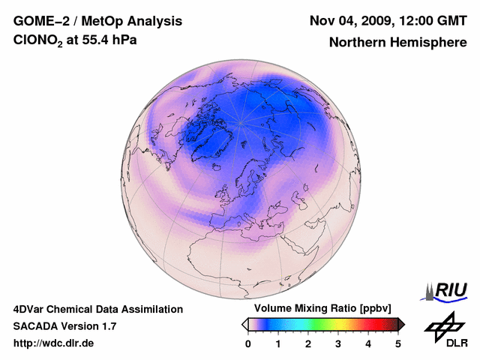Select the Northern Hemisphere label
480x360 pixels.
pos(397,43)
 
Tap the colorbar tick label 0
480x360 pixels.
pos(248,343)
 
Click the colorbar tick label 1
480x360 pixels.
pos(278,343)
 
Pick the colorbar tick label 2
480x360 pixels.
pos(308,343)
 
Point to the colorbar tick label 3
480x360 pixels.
pos(338,343)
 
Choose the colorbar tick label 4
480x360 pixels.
pos(368,343)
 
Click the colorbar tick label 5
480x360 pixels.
pos(398,343)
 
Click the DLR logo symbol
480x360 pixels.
pos(443,325)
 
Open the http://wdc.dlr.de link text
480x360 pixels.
pos(54,343)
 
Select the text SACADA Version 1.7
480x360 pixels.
pos(64,326)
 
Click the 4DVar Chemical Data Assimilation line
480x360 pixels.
pos(97,309)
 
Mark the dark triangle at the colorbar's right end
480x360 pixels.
pos(402,324)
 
